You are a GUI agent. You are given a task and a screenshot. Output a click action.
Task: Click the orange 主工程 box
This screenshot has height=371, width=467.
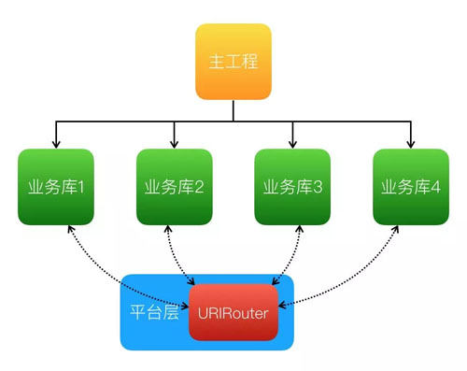click(x=233, y=62)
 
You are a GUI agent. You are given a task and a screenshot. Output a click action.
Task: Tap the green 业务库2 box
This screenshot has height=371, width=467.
click(x=174, y=187)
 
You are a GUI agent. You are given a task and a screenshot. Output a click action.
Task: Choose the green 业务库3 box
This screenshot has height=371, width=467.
click(x=292, y=187)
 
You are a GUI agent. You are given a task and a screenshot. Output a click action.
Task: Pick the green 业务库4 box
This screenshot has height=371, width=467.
click(x=410, y=187)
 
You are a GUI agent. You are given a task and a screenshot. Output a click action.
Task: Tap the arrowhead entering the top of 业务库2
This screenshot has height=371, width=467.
click(x=174, y=144)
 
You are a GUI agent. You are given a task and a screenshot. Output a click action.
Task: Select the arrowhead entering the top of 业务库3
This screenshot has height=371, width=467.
click(x=292, y=144)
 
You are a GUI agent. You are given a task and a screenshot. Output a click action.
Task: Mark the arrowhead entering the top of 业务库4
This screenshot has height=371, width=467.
click(x=410, y=144)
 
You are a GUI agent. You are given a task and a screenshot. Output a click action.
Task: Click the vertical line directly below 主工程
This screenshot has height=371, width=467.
click(x=233, y=109)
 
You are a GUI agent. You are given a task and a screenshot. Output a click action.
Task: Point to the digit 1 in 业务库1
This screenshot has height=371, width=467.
click(x=81, y=187)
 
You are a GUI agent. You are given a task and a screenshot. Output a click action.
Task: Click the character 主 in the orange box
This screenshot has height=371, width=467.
click(x=216, y=62)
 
